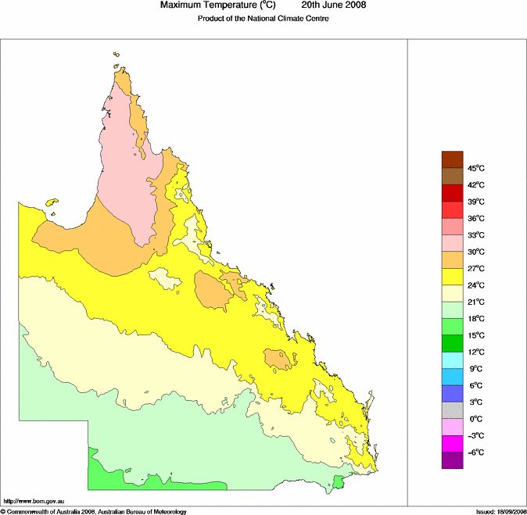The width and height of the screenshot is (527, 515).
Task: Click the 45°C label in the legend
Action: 476,168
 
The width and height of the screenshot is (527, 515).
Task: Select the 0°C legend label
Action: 475,419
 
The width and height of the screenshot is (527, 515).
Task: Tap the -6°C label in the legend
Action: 475,452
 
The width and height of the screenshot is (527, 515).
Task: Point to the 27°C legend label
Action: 476,269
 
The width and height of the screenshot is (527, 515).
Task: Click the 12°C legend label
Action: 476,352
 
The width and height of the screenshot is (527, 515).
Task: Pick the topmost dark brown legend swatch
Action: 453,159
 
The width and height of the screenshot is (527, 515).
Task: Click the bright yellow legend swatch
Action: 453,277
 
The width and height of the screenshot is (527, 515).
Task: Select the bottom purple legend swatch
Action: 453,461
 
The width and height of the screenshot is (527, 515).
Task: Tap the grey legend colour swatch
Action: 453,410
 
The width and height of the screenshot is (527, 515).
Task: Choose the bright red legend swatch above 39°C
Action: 453,193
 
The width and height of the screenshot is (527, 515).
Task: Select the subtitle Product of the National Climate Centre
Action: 263,19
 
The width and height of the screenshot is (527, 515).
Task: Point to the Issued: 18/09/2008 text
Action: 500,511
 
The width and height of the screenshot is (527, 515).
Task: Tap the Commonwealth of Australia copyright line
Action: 94,511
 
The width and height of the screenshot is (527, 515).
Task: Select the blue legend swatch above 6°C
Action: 453,377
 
